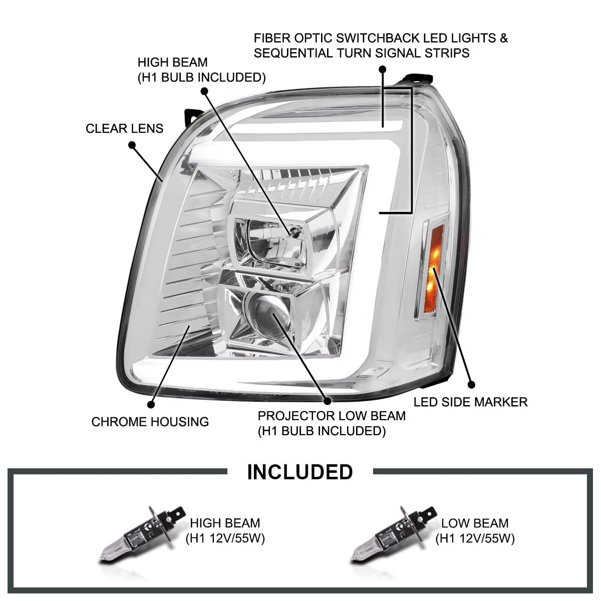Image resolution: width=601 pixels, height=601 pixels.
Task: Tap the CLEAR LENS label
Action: [x=124, y=129]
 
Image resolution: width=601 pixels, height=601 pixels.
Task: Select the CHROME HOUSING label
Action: [x=150, y=422]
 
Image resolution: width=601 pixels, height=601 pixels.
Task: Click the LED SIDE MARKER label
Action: [x=471, y=402]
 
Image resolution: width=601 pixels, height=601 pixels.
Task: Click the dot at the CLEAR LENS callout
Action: [x=132, y=145]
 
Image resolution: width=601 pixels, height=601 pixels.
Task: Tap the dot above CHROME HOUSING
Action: [x=151, y=405]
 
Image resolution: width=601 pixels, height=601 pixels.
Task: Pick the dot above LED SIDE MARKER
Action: [x=472, y=385]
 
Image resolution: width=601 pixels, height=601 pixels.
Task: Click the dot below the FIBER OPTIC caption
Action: [x=382, y=69]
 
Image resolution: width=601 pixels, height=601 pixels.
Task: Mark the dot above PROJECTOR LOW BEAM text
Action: [x=328, y=401]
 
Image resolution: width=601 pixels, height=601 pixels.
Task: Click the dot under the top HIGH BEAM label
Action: [x=205, y=91]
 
